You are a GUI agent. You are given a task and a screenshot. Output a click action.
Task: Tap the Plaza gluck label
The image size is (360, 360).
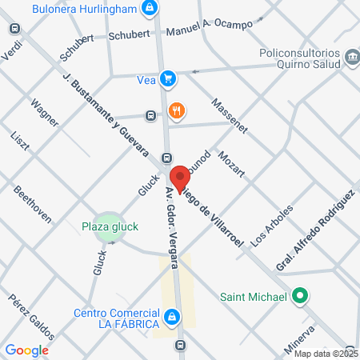click(111, 226)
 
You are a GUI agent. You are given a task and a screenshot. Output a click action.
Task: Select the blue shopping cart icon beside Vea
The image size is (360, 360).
click(166, 78)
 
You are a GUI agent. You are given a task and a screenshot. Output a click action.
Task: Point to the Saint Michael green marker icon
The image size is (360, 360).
click(300, 297)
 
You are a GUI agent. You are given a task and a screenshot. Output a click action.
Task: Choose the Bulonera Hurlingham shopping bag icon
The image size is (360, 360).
click(148, 9)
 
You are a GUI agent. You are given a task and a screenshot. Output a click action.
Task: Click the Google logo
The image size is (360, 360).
click(26, 350)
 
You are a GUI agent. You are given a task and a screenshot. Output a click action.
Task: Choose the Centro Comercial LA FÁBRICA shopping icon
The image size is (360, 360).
click(171, 318)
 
